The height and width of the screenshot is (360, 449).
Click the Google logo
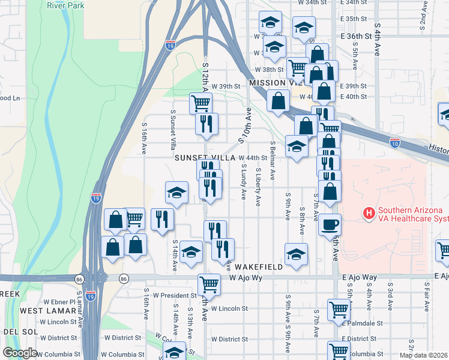(x=20, y=353)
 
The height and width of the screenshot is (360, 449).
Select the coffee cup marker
(x=329, y=225)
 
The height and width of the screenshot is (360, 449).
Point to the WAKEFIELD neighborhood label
(x=259, y=266)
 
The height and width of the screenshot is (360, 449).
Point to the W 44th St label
(x=252, y=158)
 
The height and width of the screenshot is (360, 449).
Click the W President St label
(x=175, y=295)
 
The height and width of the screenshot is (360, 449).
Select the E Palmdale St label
(x=367, y=323)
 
